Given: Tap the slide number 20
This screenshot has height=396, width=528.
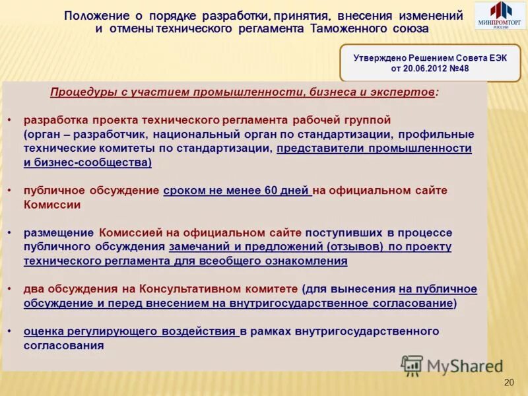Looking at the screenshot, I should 508,383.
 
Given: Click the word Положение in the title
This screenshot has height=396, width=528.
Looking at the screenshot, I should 94,16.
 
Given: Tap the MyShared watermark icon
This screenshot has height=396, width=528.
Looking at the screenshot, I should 412,365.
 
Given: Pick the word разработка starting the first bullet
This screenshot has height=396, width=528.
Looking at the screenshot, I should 54,120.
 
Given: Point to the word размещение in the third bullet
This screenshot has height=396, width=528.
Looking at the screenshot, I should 59,233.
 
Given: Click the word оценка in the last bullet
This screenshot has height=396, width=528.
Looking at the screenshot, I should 44,331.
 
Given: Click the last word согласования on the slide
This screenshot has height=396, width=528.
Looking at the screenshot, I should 64,345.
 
